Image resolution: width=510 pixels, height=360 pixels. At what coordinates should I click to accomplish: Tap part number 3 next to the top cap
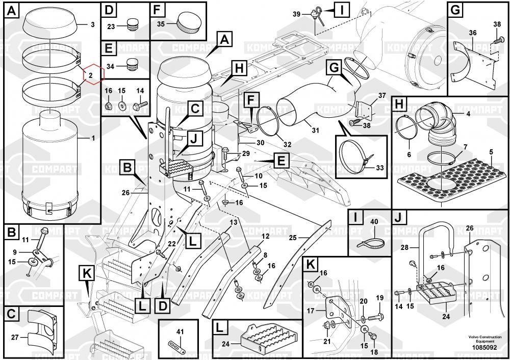92,24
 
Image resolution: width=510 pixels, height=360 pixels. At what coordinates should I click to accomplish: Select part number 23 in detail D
111,27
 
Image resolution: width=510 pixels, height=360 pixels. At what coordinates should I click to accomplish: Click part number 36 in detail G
473,33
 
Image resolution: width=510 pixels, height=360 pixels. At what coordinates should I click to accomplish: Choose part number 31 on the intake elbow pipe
315,130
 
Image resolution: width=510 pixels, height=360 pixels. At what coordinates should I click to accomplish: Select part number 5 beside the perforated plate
491,151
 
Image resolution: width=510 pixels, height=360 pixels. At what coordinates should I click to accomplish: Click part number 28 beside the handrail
405,248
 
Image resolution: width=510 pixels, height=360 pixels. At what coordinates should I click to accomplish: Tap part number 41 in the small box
179,332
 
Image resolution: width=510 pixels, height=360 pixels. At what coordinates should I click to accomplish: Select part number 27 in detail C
15,337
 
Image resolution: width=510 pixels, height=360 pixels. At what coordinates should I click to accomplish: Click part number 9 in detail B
15,252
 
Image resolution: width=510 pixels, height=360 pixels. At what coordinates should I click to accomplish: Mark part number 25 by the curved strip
292,238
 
